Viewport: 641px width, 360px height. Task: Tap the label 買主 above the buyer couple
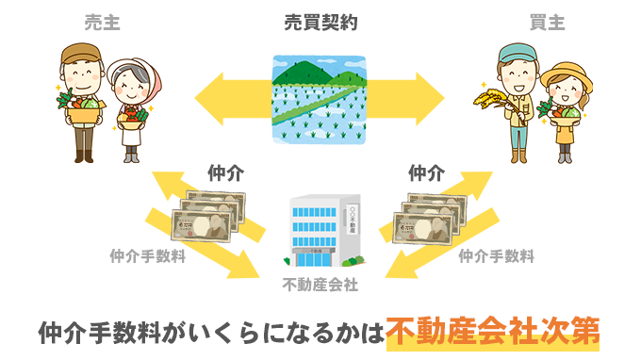click(x=545, y=23)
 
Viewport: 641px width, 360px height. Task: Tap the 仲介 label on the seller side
click(x=225, y=173)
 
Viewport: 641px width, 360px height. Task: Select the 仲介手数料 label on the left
click(x=147, y=254)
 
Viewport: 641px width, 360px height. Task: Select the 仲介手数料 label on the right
click(x=497, y=254)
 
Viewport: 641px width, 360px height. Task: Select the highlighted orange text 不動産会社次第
click(x=493, y=332)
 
